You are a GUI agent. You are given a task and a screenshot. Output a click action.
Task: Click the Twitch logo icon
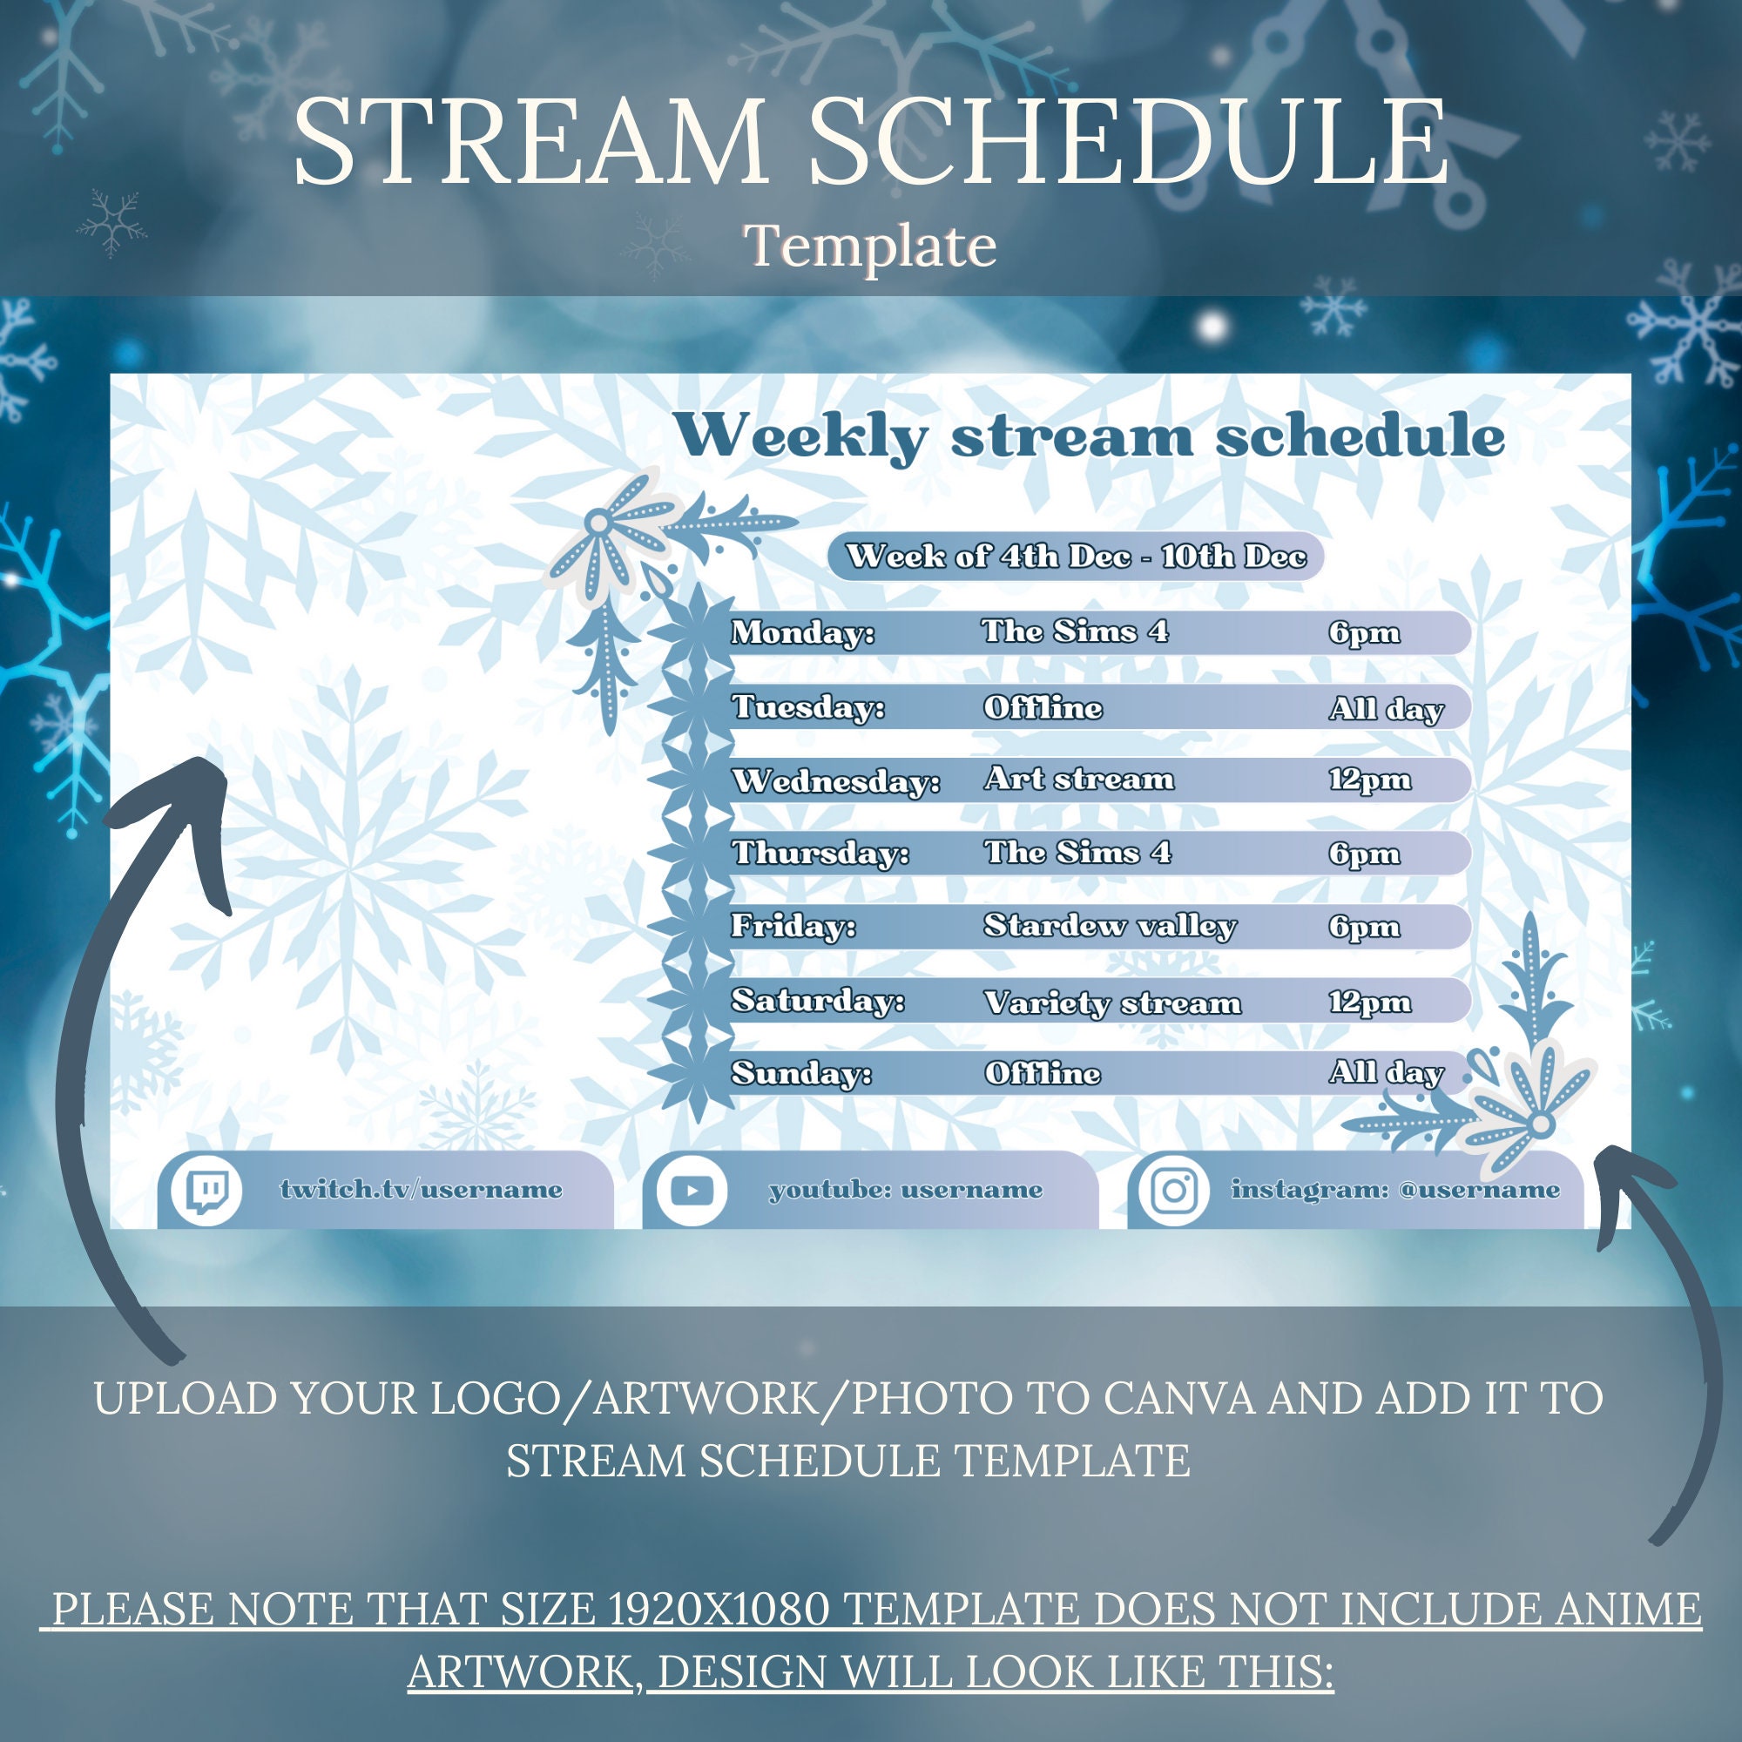click(206, 1191)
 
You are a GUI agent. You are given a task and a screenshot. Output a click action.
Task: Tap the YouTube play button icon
click(692, 1191)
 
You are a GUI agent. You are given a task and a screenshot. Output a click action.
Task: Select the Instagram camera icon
click(1174, 1191)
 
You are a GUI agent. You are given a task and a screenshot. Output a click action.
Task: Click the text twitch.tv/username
click(421, 1189)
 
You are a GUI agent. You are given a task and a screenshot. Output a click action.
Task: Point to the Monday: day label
click(802, 632)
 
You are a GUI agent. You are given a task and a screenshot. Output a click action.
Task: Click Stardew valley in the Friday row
click(1110, 926)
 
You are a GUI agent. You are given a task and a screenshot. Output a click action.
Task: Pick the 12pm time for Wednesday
click(1368, 780)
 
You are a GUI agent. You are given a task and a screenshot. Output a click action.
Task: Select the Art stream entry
click(1079, 779)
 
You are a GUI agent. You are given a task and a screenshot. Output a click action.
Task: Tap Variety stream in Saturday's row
click(1112, 1002)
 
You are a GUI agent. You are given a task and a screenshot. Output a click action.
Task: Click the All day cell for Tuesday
click(1386, 709)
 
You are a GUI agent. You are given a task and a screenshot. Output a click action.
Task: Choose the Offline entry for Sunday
click(1043, 1073)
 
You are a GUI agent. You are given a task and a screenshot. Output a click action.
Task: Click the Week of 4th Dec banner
click(1076, 557)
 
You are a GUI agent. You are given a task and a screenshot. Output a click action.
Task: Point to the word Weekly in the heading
click(800, 437)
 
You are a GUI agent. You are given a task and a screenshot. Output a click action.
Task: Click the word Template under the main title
click(870, 246)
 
